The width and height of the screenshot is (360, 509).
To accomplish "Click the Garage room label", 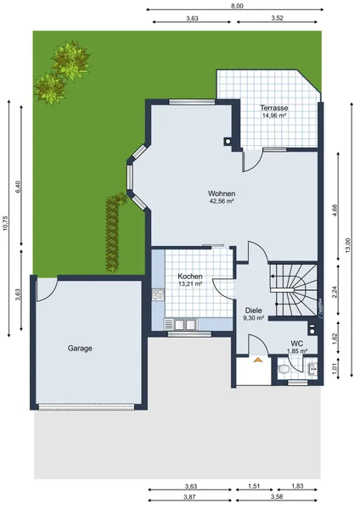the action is coord(80,349).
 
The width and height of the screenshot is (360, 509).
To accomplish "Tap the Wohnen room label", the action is coord(222,193).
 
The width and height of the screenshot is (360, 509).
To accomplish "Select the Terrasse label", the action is coord(274,108).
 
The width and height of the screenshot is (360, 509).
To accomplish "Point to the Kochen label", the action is coord(190,277).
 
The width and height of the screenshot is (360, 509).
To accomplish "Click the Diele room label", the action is coord(253,310).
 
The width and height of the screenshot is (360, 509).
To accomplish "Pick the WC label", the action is coord(297,344).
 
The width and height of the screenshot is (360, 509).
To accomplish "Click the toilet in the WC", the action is coord(284,369).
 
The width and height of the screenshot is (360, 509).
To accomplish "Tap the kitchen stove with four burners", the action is coord(158,294).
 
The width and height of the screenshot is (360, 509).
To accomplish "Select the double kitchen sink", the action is coord(181,324).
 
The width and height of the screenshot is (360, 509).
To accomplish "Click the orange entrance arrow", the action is coord(258,360).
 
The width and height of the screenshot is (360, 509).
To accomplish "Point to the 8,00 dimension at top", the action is coord(237,6).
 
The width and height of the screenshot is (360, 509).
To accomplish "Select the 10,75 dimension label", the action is coord(5,223).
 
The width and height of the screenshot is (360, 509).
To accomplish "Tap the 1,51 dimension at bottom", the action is coord(254,486).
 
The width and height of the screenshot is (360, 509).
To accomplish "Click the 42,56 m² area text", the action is coord(222,201).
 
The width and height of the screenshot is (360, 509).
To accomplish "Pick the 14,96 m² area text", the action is coord(274,115).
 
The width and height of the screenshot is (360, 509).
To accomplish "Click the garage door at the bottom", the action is coord(86,406).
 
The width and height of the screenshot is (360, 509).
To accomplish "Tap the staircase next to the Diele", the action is coord(294,289).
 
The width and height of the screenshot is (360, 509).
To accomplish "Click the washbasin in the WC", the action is coord(312,369).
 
